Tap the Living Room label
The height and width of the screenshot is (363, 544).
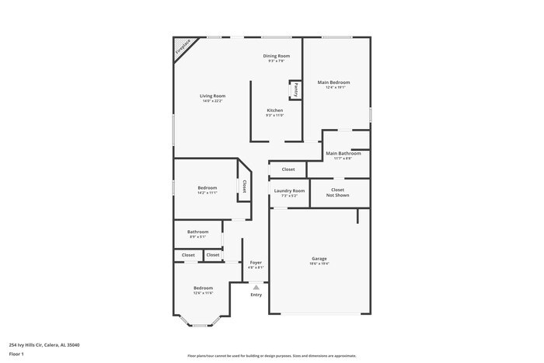click(x=213, y=96)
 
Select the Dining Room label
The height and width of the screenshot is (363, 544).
click(x=276, y=56)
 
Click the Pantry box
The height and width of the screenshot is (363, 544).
click(x=295, y=89)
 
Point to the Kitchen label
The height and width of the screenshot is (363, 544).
click(x=275, y=110)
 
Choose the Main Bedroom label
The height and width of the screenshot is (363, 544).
click(x=333, y=82)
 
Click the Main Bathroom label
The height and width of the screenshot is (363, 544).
click(x=343, y=153)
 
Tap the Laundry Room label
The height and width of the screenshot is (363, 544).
click(x=289, y=190)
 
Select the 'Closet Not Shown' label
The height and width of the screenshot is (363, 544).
click(x=337, y=192)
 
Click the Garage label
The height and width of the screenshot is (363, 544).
click(x=319, y=258)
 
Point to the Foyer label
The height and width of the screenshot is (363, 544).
click(x=255, y=262)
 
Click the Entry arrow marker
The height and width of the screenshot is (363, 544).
click(x=256, y=287)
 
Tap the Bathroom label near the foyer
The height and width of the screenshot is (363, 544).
click(x=197, y=232)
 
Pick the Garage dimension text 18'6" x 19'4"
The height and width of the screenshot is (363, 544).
click(x=319, y=264)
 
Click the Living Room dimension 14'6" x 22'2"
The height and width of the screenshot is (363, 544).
click(x=213, y=101)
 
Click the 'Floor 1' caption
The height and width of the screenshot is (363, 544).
click(x=16, y=354)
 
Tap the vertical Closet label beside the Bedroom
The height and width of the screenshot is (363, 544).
click(x=244, y=187)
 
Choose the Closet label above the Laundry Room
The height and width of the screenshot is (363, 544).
click(x=288, y=169)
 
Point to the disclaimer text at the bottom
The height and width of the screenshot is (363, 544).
click(x=272, y=355)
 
